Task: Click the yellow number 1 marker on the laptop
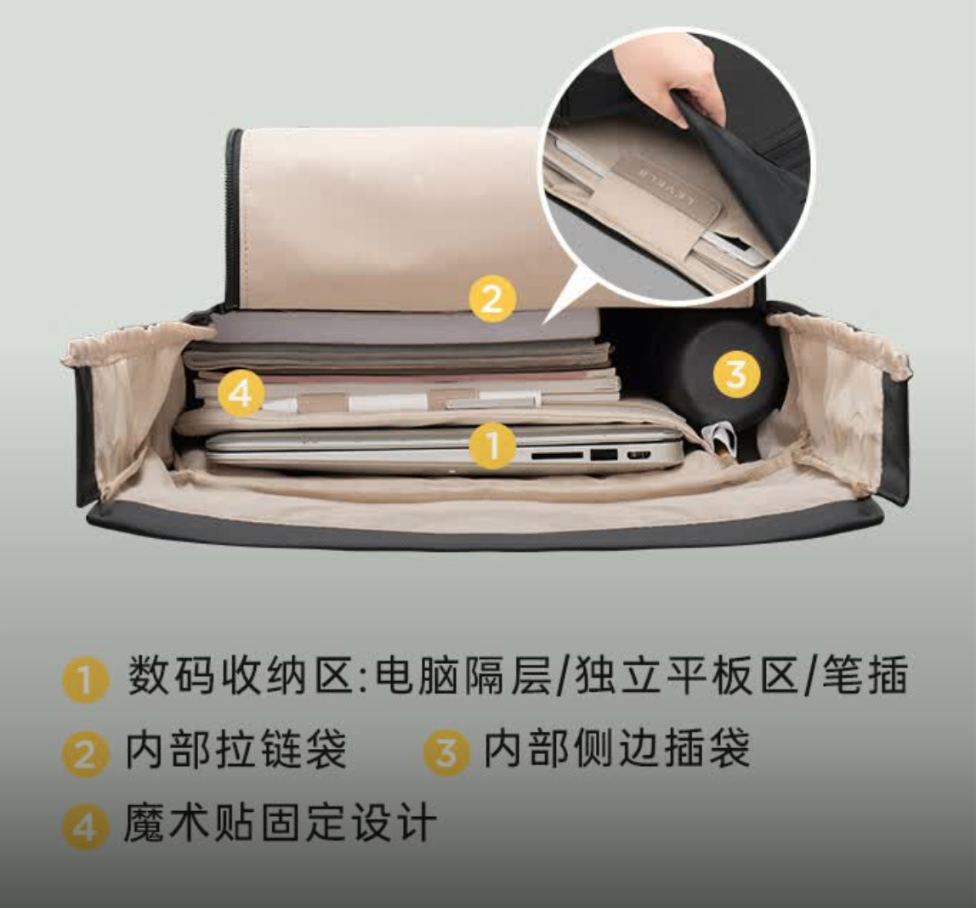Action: [x=491, y=445]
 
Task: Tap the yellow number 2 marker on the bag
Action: [x=491, y=298]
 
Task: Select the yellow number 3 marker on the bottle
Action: [x=736, y=374]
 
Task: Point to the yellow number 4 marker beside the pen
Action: [x=241, y=393]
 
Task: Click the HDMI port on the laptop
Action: [x=638, y=455]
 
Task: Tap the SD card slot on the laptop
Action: [x=557, y=456]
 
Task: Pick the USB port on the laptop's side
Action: [x=604, y=455]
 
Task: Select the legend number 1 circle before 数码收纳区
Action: [x=85, y=679]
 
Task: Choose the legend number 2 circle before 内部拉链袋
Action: [x=85, y=753]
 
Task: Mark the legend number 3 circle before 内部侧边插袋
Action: [x=445, y=752]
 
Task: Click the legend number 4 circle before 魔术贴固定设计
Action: [x=85, y=826]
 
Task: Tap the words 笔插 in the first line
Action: [x=865, y=674]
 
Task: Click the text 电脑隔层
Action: [x=463, y=675]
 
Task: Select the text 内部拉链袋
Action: [x=236, y=749]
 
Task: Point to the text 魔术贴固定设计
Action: [x=280, y=822]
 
